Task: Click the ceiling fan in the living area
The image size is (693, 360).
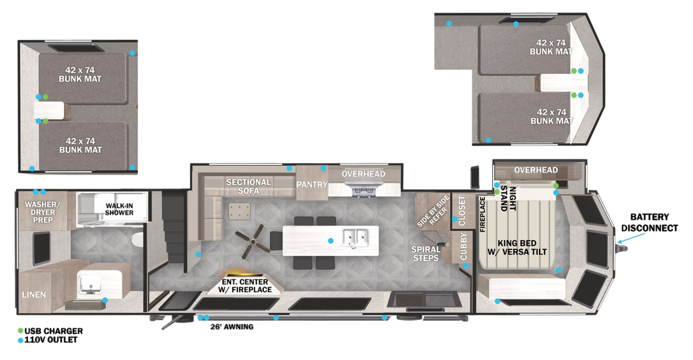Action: [253, 242]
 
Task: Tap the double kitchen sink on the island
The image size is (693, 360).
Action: [356, 238]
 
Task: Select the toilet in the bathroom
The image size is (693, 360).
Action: [138, 239]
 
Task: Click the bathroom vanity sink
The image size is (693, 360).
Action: [90, 284]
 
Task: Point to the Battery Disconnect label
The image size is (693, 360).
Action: [649, 222]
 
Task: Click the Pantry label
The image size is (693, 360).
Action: [312, 185]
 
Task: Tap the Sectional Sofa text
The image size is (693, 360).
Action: [248, 186]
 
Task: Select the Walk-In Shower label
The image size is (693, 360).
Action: [119, 209]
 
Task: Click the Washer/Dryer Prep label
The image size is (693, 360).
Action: [43, 212]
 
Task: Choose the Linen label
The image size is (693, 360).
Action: [34, 295]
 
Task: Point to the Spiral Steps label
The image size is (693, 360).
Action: [426, 254]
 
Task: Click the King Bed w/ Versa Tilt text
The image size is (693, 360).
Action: [517, 247]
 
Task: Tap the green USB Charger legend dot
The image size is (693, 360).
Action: [20, 331]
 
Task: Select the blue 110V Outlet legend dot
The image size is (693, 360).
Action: [20, 340]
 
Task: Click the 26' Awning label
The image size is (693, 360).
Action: [232, 327]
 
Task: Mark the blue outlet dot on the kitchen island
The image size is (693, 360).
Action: [331, 240]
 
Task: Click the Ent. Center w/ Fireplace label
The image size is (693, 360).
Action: [245, 286]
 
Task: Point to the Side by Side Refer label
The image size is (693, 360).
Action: [433, 211]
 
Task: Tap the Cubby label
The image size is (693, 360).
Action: [464, 246]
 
